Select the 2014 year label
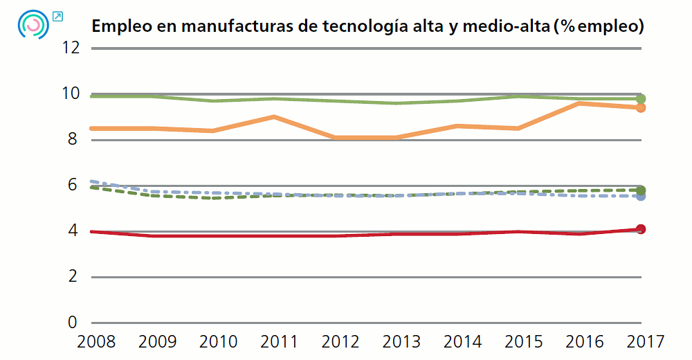point(462,341)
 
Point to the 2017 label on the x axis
point(645,341)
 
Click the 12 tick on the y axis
point(71,48)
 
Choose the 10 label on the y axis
point(71,93)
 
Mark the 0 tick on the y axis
point(73,323)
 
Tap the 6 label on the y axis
point(73,185)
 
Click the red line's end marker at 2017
point(641,229)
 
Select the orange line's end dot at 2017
point(641,107)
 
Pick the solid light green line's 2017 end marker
point(641,99)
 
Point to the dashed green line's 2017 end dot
point(641,190)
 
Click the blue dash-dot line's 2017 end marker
point(641,196)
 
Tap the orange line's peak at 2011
point(275,117)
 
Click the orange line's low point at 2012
point(336,138)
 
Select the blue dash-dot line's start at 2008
point(92,181)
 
